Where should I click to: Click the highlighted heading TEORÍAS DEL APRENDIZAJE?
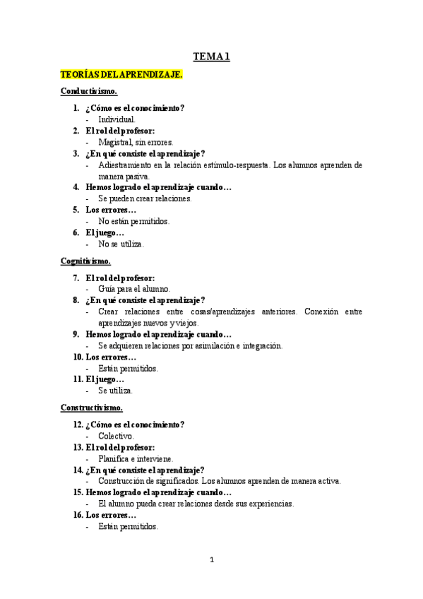click(121, 74)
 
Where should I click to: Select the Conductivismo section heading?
click(89, 92)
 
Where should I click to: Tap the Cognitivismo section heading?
click(85, 261)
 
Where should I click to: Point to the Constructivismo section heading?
click(92, 408)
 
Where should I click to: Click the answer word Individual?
click(117, 120)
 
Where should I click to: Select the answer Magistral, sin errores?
click(136, 143)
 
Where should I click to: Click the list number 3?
click(76, 153)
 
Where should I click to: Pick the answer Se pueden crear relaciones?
click(145, 198)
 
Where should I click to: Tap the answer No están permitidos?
click(133, 221)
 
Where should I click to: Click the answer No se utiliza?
click(121, 244)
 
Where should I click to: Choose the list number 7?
click(76, 278)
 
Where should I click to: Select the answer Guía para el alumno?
click(134, 289)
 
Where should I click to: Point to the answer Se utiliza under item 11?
click(115, 391)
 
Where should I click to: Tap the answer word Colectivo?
click(116, 436)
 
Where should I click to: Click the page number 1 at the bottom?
click(211, 560)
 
